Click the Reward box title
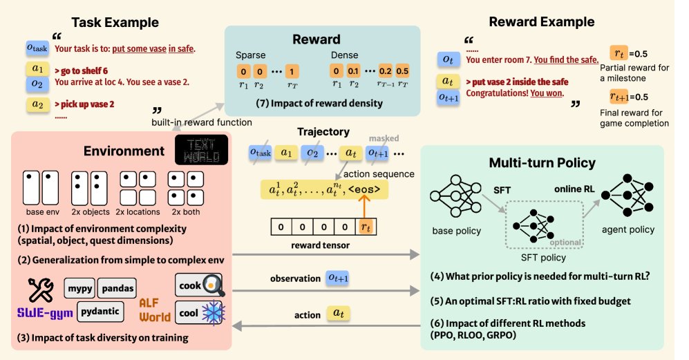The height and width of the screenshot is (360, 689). tap(321, 39)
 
